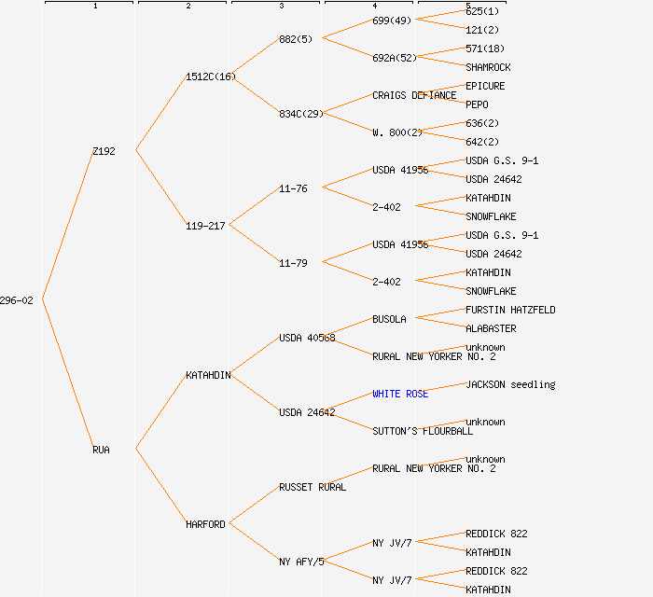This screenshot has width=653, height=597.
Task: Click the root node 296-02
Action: point(17,300)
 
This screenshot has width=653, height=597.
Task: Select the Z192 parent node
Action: point(104,151)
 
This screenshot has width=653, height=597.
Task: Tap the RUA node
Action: point(101,450)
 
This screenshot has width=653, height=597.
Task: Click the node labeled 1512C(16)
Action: point(210,76)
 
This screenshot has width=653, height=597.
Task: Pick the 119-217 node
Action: point(205,226)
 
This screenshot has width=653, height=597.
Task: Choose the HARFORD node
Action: point(205,524)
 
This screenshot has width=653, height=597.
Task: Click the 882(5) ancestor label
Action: point(296,39)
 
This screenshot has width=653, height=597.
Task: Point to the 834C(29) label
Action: point(300,114)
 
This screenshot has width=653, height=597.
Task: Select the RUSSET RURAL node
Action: point(312,487)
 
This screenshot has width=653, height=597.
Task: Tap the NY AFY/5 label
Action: point(301,562)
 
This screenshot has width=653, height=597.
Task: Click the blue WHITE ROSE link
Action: point(400,394)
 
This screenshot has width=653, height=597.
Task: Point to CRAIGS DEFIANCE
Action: point(414,95)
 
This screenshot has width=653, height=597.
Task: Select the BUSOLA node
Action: point(389,319)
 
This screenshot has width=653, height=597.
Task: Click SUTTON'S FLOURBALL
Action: point(423,431)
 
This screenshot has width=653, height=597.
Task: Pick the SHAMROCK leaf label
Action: point(488,67)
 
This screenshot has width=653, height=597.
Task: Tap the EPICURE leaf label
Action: point(485,86)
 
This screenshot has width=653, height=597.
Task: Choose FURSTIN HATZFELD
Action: point(510,310)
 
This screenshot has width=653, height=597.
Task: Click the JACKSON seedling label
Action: point(510,384)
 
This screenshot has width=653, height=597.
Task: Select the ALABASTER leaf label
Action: point(491,328)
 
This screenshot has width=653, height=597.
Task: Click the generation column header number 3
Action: point(281,7)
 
